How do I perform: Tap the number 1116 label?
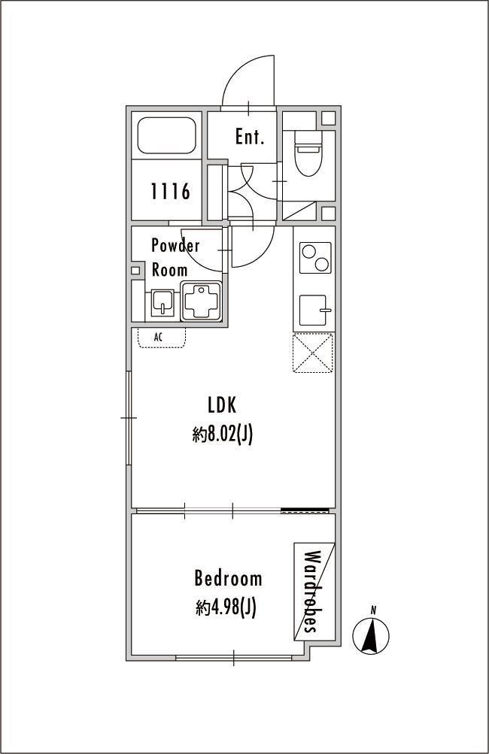click(170, 192)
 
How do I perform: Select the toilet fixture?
click(308, 154)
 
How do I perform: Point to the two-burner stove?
click(315, 258)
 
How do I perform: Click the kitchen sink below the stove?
click(315, 310)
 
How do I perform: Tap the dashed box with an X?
click(313, 353)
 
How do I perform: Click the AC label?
click(158, 337)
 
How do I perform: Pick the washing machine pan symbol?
click(201, 301)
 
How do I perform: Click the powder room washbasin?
click(162, 302)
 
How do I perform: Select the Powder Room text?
click(175, 257)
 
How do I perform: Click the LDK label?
click(222, 405)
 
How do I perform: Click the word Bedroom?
click(228, 577)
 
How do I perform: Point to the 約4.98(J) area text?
click(226, 608)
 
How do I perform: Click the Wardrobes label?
click(312, 592)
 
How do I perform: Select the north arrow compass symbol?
click(371, 634)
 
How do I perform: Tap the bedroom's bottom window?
click(234, 657)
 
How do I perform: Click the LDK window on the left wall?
click(129, 418)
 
